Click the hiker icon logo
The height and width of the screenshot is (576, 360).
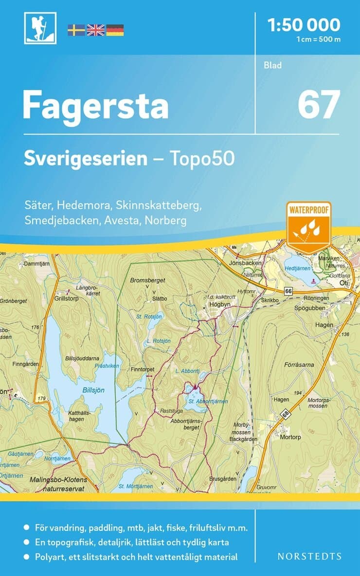[x=40, y=28]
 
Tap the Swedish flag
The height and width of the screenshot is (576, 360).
[x=76, y=30]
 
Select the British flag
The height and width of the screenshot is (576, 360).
[x=95, y=30]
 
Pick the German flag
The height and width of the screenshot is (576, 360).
[x=115, y=30]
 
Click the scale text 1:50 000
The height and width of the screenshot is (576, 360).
[x=304, y=24]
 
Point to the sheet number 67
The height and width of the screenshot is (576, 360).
[x=318, y=105]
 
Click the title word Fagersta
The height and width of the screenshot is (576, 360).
[x=95, y=106]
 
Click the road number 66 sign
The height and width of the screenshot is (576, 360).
[x=288, y=291]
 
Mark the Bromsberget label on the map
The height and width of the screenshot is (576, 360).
[x=148, y=280]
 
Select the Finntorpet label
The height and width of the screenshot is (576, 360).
[x=142, y=370]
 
